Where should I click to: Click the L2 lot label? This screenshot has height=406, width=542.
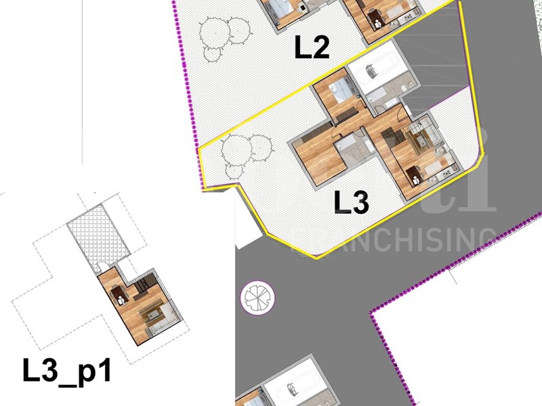tap(311, 47)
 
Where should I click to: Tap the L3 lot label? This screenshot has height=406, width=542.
tap(352, 202)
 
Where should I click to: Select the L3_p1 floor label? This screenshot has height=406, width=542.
tap(66, 371)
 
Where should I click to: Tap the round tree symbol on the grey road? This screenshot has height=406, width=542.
tap(257, 297)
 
